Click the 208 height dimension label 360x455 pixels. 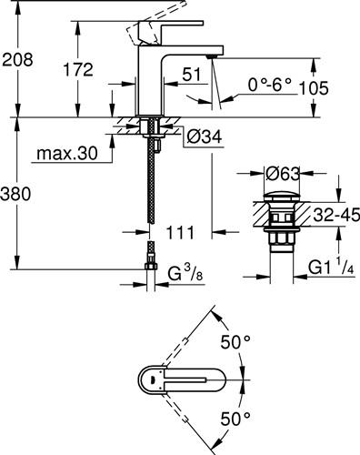17,59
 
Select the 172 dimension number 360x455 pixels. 78,69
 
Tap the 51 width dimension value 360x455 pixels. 192,75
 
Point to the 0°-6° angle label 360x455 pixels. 270,85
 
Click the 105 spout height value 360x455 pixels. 314,88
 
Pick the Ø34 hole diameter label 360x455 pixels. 205,137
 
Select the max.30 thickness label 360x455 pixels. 67,154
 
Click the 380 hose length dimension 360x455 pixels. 15,194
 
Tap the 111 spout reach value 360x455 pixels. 180,233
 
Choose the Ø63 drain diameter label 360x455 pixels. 282,174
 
